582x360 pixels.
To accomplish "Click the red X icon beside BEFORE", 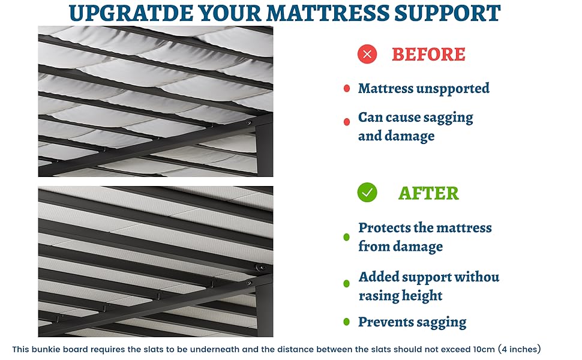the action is [x=367, y=54].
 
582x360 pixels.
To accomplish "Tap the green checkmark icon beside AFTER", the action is [x=367, y=192].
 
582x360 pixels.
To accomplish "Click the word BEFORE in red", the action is [x=428, y=54].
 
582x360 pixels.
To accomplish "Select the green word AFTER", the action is [x=429, y=193].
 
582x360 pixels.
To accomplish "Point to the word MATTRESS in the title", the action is [x=328, y=13].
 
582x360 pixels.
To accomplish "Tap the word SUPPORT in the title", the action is [x=447, y=13].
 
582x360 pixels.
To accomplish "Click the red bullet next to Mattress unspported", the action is [x=347, y=88].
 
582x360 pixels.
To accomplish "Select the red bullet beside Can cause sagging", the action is [x=347, y=122].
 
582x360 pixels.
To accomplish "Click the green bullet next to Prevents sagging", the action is [x=347, y=322].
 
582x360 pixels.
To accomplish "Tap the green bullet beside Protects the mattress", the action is [x=347, y=237].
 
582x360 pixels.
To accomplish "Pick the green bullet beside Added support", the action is [x=347, y=284].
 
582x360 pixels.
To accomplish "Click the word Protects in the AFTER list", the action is [x=383, y=227].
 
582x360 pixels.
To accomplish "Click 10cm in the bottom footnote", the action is [x=484, y=349].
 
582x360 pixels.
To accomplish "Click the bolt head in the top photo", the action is [x=248, y=123].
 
